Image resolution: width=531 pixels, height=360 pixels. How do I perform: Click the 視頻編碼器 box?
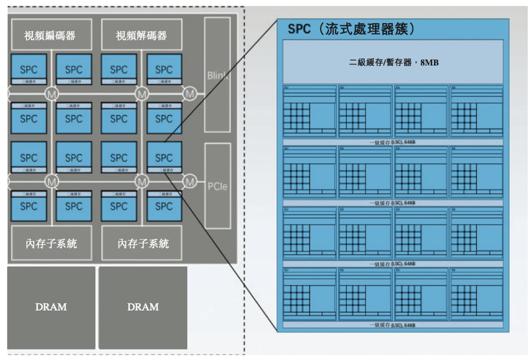point(50,36)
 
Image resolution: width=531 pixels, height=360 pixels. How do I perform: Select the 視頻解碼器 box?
point(141,36)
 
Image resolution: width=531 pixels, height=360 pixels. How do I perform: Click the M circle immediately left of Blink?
point(190,93)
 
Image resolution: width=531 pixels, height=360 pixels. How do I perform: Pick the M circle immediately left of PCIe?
point(190,181)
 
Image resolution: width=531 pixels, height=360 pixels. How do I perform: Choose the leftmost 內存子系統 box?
point(50,243)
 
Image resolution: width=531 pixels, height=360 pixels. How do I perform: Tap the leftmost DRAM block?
point(51,307)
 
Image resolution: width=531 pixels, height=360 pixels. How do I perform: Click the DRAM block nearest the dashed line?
point(143,307)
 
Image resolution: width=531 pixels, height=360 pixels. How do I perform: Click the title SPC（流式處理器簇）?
point(351,29)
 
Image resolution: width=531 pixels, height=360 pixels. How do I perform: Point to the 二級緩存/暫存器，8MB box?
point(393,62)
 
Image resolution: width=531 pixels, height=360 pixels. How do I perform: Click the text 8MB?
point(429,63)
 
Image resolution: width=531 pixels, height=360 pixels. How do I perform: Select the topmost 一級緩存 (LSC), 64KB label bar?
point(393,142)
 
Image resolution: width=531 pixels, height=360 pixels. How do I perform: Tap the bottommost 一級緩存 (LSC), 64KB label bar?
point(393,324)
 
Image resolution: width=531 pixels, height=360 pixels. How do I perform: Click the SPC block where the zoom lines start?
point(164,158)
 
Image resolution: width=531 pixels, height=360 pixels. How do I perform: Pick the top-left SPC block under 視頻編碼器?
point(29,69)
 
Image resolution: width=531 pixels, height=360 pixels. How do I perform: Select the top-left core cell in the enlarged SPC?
point(310,112)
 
